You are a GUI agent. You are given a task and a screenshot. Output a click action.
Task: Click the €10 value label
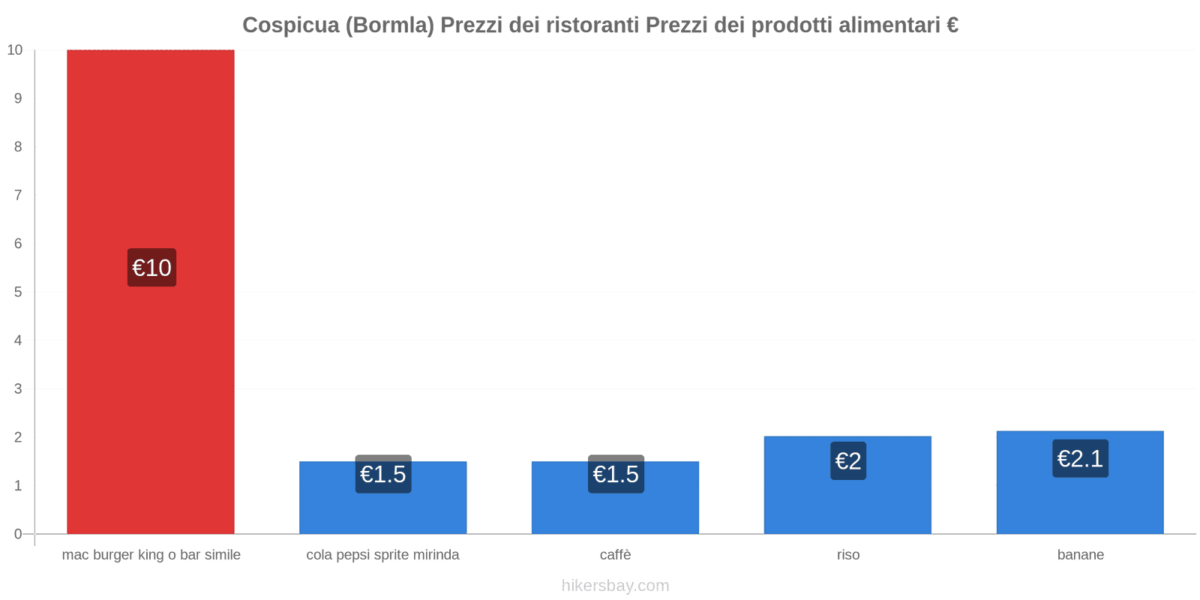point(151,268)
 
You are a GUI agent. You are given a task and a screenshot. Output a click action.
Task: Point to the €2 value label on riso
point(848,460)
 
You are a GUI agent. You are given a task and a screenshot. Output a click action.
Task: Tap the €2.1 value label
point(1080,458)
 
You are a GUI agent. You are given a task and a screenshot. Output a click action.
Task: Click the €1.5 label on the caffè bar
point(616,474)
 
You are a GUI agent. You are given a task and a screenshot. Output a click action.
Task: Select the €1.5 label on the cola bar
point(383,474)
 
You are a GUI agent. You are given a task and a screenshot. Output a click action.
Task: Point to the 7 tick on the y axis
point(18,195)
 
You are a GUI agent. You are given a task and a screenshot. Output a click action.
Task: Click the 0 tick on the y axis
point(18,534)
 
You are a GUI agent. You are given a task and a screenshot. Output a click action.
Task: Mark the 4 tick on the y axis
point(18,340)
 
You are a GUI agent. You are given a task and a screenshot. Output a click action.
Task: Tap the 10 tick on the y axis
point(15,50)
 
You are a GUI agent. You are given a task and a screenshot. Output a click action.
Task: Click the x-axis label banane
point(1080,555)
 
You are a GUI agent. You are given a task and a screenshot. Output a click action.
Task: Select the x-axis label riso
point(848,555)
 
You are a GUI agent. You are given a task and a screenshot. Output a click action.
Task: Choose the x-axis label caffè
point(615,555)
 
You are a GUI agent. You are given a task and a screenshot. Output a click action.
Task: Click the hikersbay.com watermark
point(615,586)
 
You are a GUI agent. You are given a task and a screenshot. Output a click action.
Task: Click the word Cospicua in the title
point(290,25)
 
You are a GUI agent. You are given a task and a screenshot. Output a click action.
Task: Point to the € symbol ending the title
point(952,25)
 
